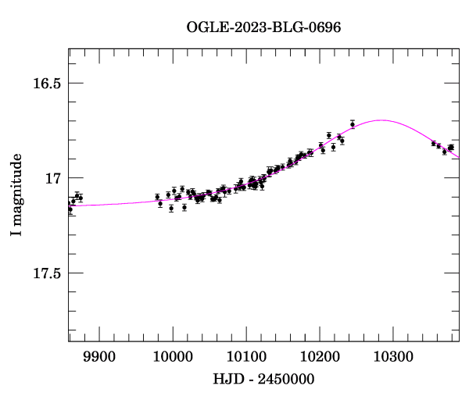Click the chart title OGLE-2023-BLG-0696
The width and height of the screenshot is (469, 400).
tap(263, 27)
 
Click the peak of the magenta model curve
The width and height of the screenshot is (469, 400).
tap(381, 120)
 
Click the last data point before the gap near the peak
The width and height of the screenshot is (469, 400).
tap(353, 124)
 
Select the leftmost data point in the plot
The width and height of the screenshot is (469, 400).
tap(70, 209)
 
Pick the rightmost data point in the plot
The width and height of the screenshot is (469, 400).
tap(452, 147)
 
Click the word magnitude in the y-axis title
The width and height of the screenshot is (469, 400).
tap(16, 187)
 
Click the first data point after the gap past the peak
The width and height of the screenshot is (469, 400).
tap(434, 144)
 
